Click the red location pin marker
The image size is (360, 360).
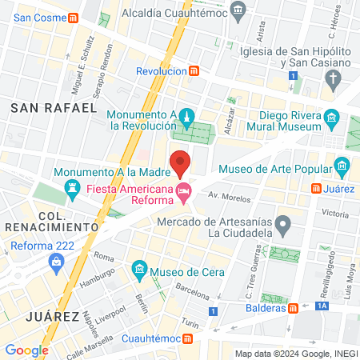pos(181,162)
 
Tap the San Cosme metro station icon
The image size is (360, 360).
pos(74,18)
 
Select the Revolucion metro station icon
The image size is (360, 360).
pos(194,71)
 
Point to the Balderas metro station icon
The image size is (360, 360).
pos(294,308)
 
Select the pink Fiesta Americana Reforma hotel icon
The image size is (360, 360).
pos(184,190)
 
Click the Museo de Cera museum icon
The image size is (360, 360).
pos(141,267)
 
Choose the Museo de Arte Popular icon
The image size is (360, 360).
pos(342,167)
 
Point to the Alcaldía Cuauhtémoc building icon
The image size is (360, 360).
pos(238,10)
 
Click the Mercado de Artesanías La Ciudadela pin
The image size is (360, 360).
pos(282,222)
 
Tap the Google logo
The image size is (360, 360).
pos(26,350)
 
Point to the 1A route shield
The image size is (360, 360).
pos(322,305)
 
